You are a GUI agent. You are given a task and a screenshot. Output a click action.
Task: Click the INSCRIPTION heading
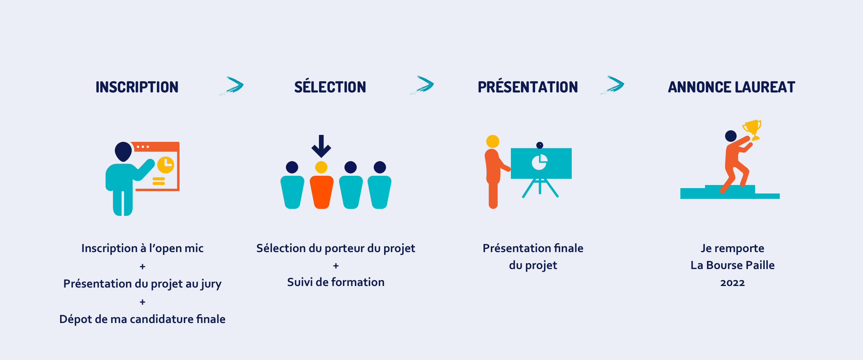(x=137, y=87)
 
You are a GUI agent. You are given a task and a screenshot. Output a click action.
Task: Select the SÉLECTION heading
(x=330, y=86)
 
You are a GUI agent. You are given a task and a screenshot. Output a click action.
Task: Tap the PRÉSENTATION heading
(x=528, y=86)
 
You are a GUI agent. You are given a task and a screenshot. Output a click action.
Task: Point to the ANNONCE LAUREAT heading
(x=732, y=87)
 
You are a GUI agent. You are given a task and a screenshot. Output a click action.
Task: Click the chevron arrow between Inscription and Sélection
(x=233, y=86)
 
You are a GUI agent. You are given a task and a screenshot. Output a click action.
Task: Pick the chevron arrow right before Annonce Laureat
(x=613, y=85)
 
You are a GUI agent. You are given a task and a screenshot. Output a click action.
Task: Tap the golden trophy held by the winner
(x=752, y=130)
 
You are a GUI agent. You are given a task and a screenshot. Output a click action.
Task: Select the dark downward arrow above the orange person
(x=321, y=146)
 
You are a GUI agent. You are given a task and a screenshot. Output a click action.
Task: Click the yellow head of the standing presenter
(x=493, y=141)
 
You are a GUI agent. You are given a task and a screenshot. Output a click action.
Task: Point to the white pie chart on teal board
(x=539, y=162)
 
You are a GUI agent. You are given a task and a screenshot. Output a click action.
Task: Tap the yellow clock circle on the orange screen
(x=166, y=165)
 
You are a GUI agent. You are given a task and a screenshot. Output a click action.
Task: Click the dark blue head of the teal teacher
(x=123, y=151)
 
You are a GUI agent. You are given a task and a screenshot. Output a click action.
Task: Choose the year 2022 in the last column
(x=732, y=283)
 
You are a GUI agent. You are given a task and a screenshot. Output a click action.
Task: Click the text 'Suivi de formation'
(x=336, y=282)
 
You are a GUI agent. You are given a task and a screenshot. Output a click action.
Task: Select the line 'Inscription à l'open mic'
(x=143, y=248)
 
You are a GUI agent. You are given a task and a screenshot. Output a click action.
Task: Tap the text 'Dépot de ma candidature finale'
(x=143, y=319)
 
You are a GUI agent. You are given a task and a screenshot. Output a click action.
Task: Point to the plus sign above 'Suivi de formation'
(x=336, y=266)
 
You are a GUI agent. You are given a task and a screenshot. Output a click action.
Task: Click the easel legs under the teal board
(x=540, y=188)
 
